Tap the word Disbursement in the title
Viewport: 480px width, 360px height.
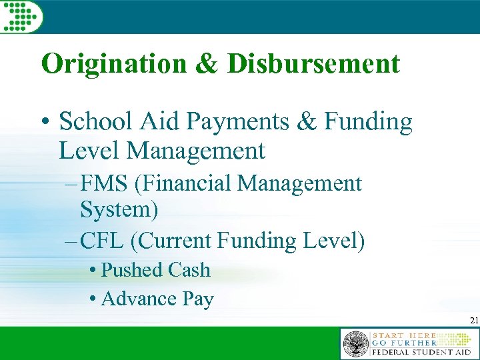click(313, 64)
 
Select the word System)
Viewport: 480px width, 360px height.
click(119, 211)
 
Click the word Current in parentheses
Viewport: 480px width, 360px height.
click(175, 241)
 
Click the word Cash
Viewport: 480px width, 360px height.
click(189, 270)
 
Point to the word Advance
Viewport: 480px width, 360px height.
click(139, 299)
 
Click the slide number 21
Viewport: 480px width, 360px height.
click(474, 321)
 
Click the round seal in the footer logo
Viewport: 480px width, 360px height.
click(355, 345)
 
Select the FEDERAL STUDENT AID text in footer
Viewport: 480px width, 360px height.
click(421, 351)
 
